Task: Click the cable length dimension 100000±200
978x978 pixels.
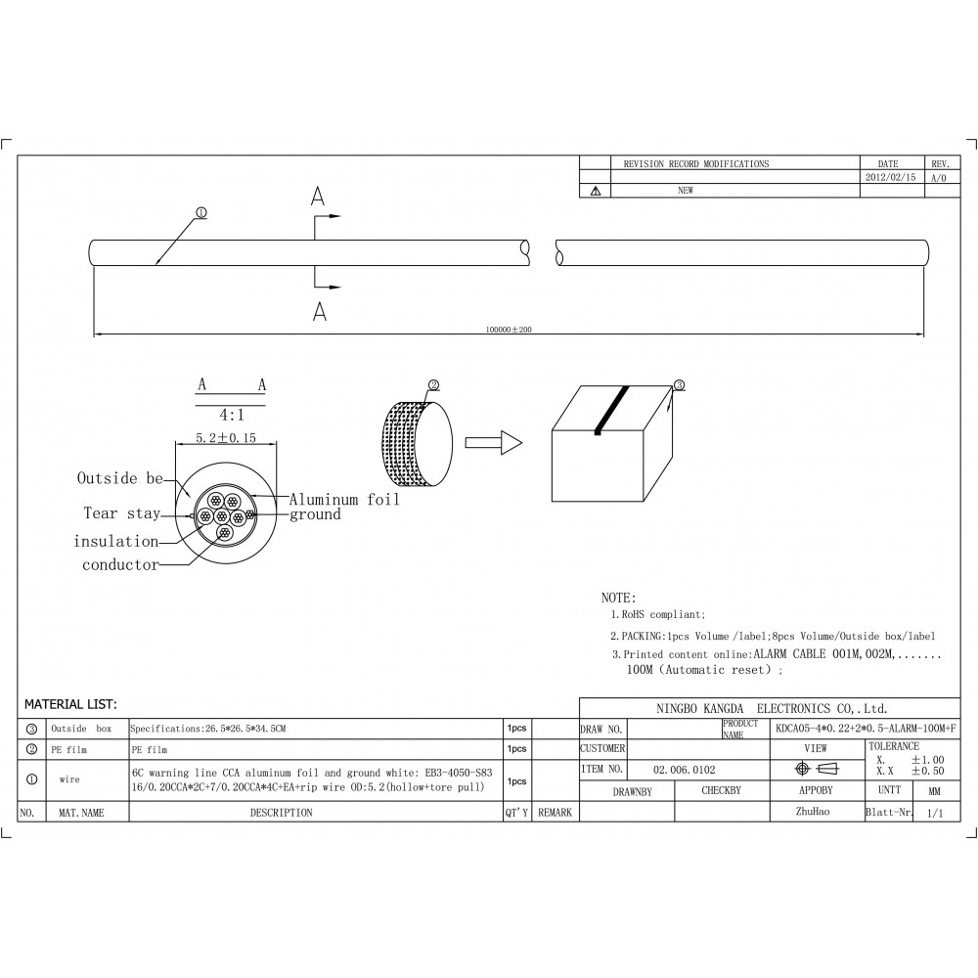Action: pyautogui.click(x=509, y=330)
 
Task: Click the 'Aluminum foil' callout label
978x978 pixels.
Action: pyautogui.click(x=344, y=500)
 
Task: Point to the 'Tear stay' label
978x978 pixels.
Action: pyautogui.click(x=121, y=513)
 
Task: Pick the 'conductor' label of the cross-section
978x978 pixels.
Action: pyautogui.click(x=120, y=564)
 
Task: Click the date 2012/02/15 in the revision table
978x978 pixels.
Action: pyautogui.click(x=892, y=178)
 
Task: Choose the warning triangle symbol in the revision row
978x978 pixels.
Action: pyautogui.click(x=595, y=192)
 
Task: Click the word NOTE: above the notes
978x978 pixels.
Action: pyautogui.click(x=618, y=598)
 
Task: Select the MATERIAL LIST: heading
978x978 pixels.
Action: pyautogui.click(x=70, y=704)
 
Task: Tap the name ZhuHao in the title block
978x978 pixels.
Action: pyautogui.click(x=815, y=812)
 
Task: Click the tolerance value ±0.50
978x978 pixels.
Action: pyautogui.click(x=927, y=772)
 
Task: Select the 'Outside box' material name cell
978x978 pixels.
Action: pyautogui.click(x=81, y=729)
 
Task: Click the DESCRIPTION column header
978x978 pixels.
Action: pyautogui.click(x=281, y=813)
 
